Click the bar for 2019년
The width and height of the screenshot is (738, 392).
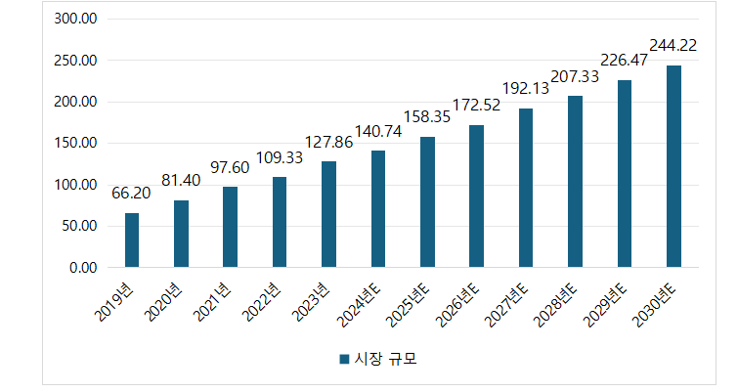[132, 240]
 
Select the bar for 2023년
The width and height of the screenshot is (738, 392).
[328, 214]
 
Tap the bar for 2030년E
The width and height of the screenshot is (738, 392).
[673, 166]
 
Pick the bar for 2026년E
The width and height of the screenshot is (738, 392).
[476, 196]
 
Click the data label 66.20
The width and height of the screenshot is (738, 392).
[131, 194]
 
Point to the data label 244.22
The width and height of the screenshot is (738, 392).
[673, 45]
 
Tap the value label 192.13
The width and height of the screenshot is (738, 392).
[526, 87]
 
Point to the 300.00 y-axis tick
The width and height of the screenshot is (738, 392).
[76, 19]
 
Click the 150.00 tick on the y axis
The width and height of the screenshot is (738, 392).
[76, 143]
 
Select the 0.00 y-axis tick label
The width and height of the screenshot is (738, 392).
[83, 267]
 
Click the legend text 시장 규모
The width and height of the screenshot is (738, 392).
[384, 360]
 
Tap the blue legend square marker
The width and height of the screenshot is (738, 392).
[344, 360]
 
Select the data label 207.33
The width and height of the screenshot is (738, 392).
[575, 75]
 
